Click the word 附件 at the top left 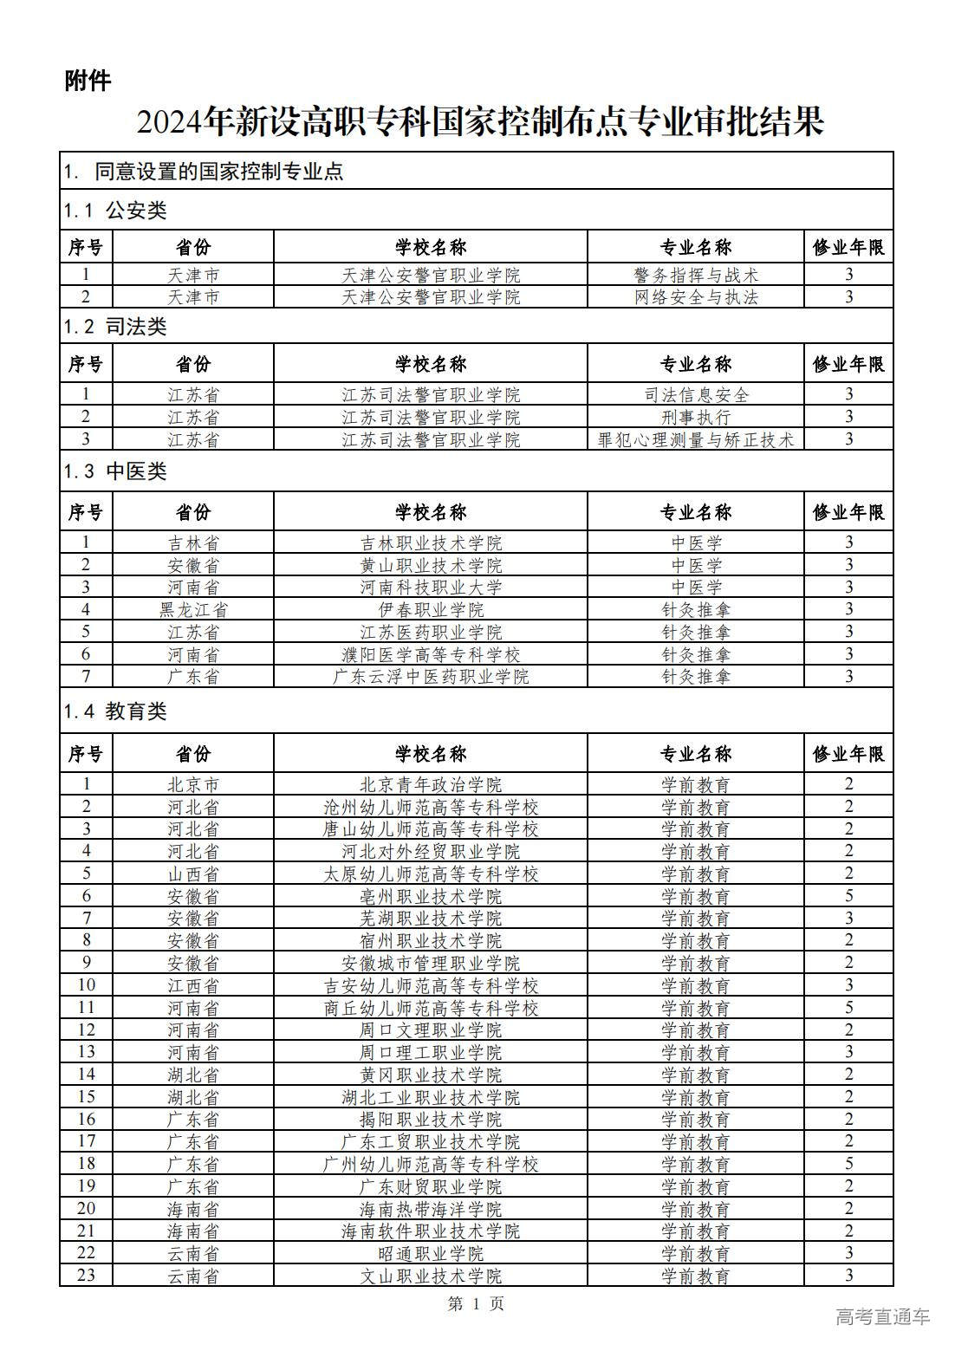(x=88, y=81)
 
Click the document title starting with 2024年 (x=479, y=122)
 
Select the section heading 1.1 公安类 (x=114, y=210)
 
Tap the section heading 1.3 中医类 (x=114, y=471)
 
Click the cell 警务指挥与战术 (x=696, y=275)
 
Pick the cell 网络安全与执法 (x=696, y=297)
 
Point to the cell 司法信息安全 (x=696, y=394)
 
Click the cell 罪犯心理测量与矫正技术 (x=696, y=439)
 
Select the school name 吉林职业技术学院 (x=431, y=543)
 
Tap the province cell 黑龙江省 (x=193, y=609)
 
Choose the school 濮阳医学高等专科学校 (x=431, y=654)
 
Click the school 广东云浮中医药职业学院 (x=431, y=677)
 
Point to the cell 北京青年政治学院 (x=431, y=785)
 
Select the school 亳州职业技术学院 (x=431, y=896)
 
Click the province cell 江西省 (x=193, y=985)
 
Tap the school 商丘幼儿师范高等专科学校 (x=431, y=1008)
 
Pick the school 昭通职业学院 (x=431, y=1253)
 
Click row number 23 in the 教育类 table (x=86, y=1276)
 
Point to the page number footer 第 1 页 (x=476, y=1303)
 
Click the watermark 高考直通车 (x=882, y=1316)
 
